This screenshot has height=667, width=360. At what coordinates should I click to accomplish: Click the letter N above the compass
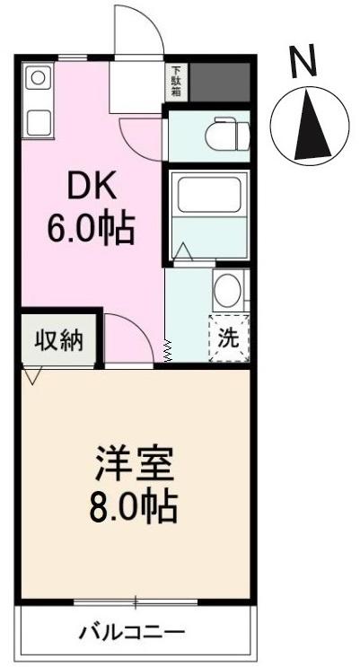pyautogui.click(x=304, y=62)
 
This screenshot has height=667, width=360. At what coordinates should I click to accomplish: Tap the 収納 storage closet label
pyautogui.click(x=59, y=340)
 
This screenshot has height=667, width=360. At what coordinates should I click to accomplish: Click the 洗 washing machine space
pyautogui.click(x=228, y=339)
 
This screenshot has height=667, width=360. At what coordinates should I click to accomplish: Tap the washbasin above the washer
pyautogui.click(x=227, y=290)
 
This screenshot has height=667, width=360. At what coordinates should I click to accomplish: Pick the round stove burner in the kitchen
pyautogui.click(x=37, y=79)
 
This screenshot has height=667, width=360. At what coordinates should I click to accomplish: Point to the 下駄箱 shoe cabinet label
pyautogui.click(x=175, y=83)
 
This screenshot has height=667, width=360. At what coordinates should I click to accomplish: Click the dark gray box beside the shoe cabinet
pyautogui.click(x=216, y=83)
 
